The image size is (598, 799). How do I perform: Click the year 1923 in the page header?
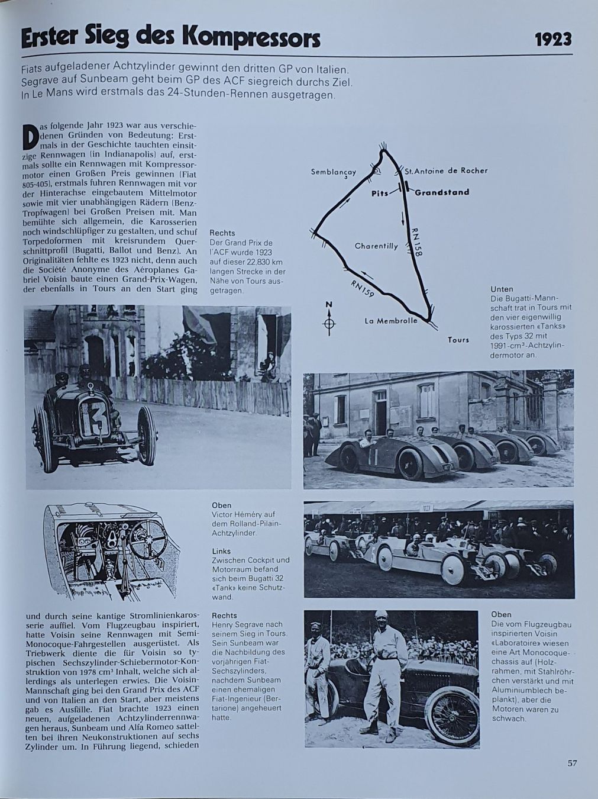point(553,39)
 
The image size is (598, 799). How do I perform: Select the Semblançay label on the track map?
point(334,172)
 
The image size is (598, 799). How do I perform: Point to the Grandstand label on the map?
point(441,192)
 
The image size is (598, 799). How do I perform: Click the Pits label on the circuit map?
point(380,193)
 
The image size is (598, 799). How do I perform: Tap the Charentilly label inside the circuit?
point(376,246)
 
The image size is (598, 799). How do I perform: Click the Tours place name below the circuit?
point(458,340)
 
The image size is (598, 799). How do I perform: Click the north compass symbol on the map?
point(329,323)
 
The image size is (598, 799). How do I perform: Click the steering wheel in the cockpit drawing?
point(148,539)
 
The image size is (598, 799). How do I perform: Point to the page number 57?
point(572,763)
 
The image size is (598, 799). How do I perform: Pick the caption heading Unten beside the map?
point(502,289)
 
